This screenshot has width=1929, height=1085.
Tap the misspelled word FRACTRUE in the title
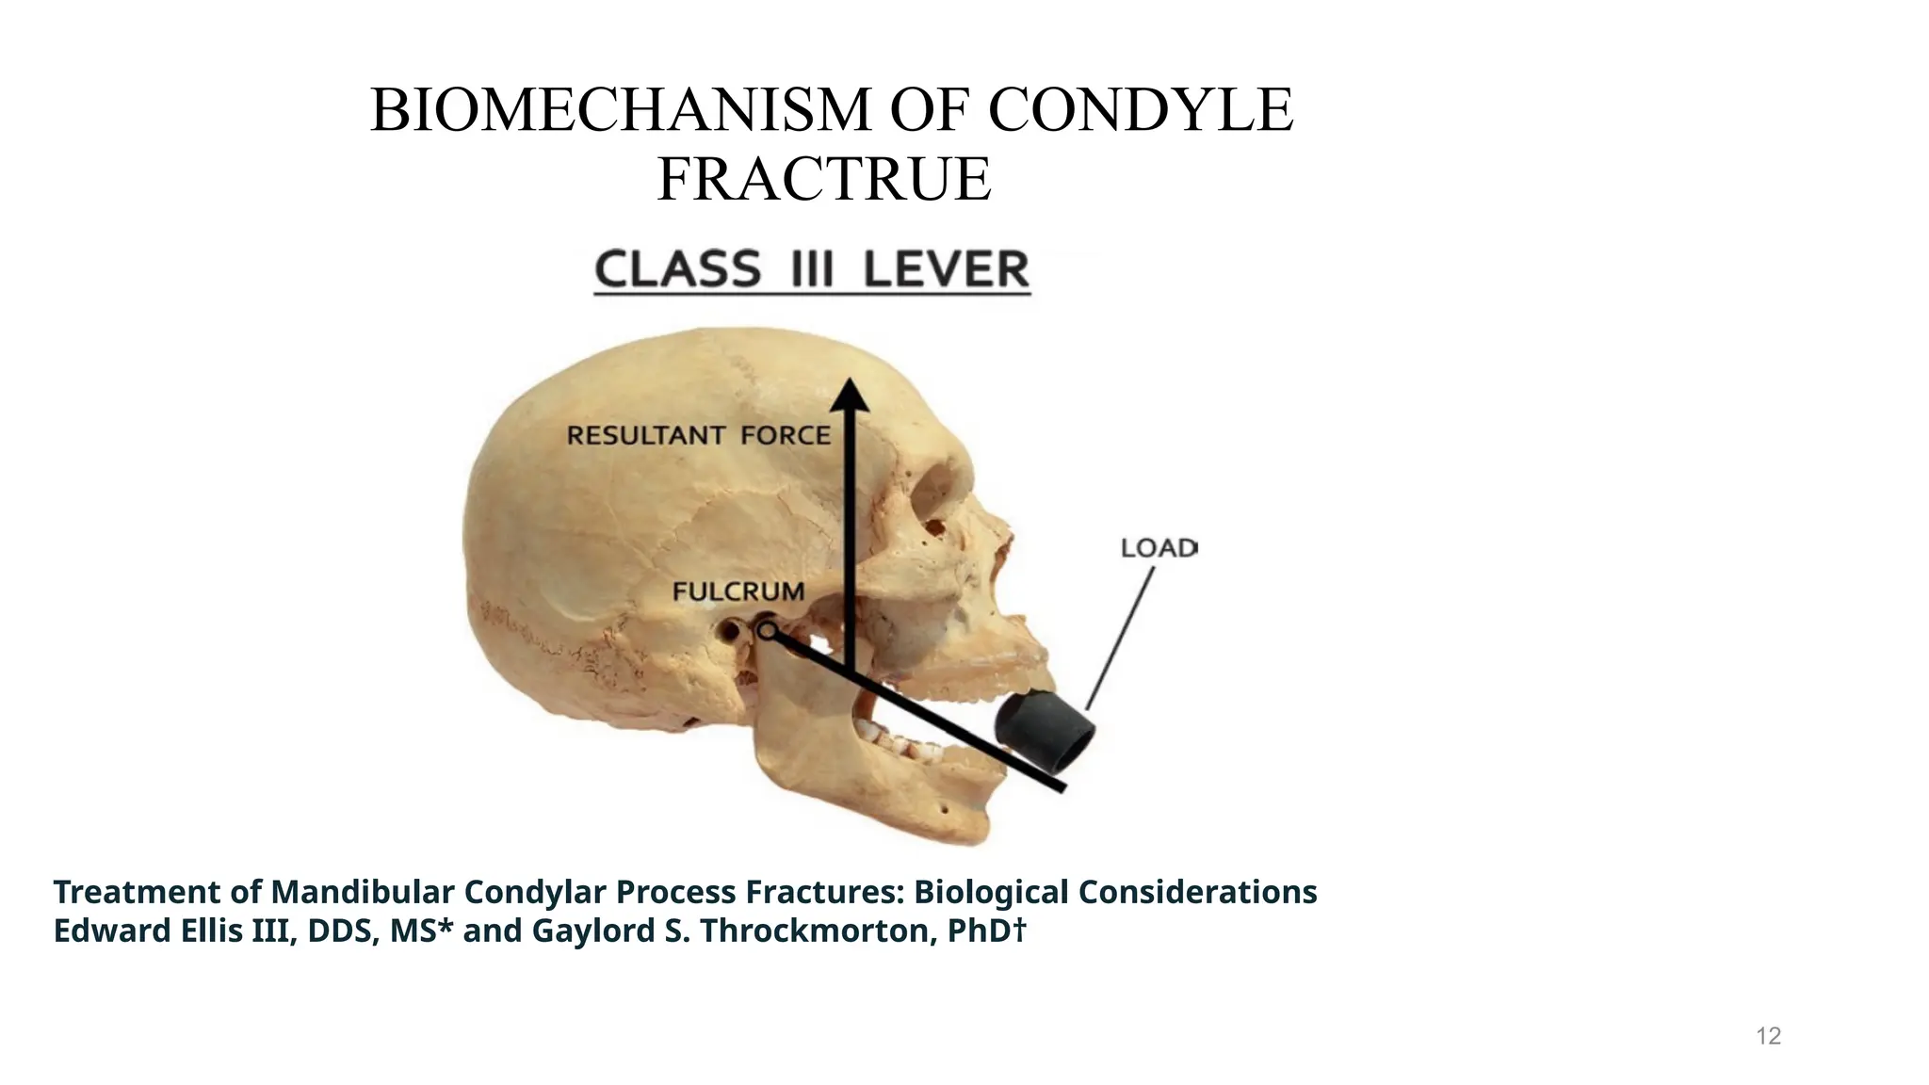pyautogui.click(x=824, y=179)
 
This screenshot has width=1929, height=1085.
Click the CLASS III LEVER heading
pyautogui.click(x=812, y=269)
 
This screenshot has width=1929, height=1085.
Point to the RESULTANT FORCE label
pyautogui.click(x=698, y=435)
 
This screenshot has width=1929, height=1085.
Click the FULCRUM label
pyautogui.click(x=738, y=591)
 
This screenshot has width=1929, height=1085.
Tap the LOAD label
pyautogui.click(x=1158, y=548)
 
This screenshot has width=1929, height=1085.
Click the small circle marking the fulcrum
pyautogui.click(x=767, y=632)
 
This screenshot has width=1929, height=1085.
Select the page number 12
pyautogui.click(x=1769, y=1036)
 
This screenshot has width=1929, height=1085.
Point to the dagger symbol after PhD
pyautogui.click(x=1019, y=930)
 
